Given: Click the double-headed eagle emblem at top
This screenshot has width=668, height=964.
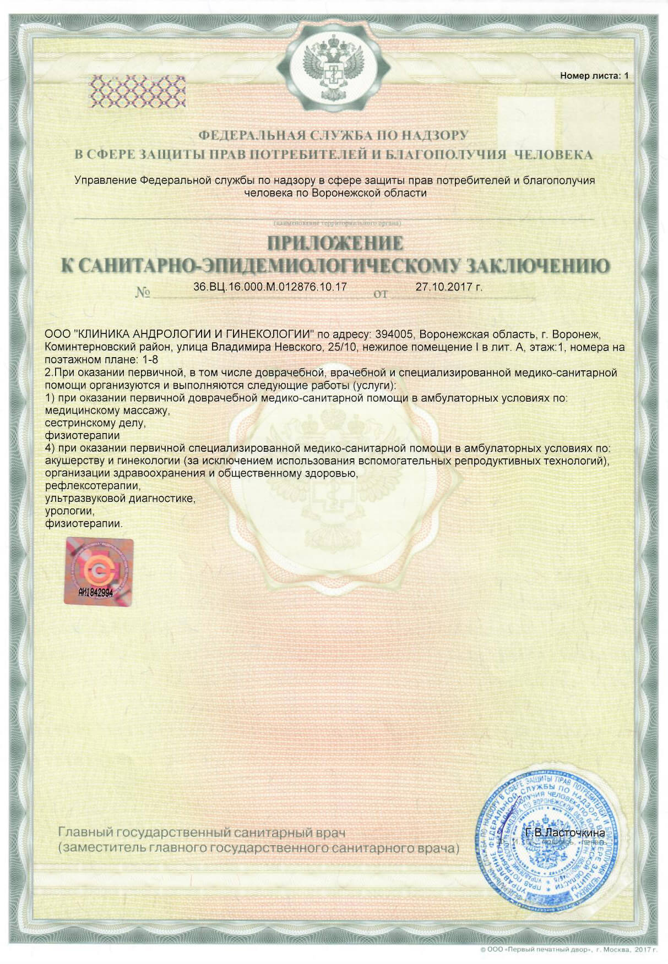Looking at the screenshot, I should (334, 68).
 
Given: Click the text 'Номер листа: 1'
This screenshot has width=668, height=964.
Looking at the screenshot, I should (594, 76).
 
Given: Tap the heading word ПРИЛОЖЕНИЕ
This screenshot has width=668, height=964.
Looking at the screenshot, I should (335, 243).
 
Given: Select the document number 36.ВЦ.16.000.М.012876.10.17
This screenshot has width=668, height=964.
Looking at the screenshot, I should (270, 287).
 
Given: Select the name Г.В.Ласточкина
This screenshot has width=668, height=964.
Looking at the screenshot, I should (565, 832).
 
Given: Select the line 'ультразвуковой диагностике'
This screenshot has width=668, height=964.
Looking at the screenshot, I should (120, 499).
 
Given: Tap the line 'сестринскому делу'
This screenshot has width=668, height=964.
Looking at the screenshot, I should (95, 423).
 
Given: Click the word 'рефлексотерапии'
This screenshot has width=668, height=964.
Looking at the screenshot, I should (93, 486).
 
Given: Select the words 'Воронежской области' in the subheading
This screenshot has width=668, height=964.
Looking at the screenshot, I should (368, 193).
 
